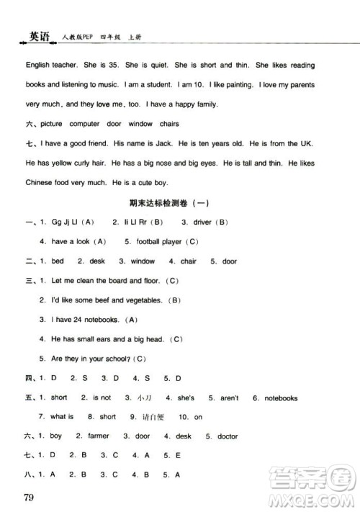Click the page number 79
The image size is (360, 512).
[29, 498]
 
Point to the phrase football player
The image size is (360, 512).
[157, 241]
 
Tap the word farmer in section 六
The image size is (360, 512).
[98, 436]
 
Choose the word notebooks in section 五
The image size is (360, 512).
[281, 398]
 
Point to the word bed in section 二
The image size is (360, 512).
[58, 261]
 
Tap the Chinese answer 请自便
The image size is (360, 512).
[153, 417]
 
